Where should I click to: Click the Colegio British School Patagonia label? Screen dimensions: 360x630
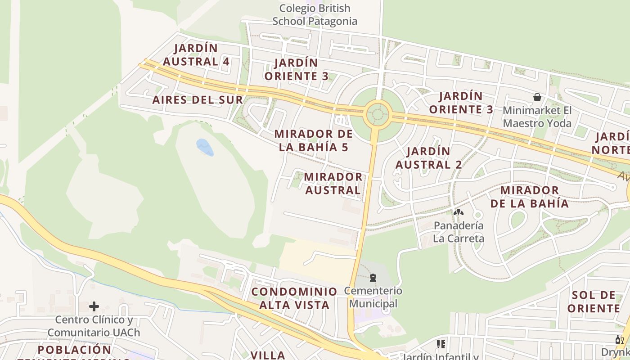315,15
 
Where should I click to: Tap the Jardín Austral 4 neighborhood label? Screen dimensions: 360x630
196,55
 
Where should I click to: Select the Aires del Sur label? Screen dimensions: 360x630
198,100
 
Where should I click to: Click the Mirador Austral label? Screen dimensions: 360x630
333,184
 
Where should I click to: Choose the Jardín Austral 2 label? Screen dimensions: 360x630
428,158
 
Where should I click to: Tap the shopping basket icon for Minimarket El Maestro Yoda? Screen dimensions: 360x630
537,97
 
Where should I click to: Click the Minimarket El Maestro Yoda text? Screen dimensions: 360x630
537,117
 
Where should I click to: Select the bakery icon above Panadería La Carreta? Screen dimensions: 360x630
458,212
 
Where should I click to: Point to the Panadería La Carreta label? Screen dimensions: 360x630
458,232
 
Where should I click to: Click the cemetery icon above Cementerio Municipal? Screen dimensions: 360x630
373,278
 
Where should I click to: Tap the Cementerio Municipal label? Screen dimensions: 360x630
373,297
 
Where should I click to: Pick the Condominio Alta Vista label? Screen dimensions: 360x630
294,298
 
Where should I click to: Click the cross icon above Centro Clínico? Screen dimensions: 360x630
94,306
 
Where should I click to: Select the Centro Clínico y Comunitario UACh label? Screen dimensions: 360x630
94,326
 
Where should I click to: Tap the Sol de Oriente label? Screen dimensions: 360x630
594,302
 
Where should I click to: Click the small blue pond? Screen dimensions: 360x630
205,147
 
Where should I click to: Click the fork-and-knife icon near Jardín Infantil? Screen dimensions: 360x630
441,344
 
